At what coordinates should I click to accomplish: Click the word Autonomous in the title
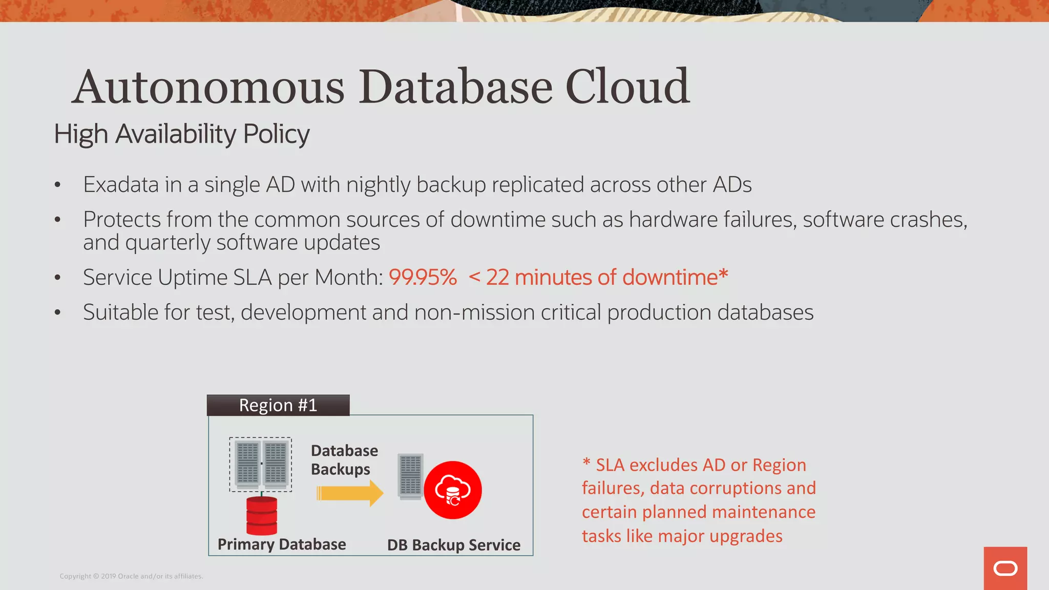pyautogui.click(x=207, y=87)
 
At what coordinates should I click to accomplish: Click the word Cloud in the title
pyautogui.click(x=627, y=87)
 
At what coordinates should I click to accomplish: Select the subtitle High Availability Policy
pyautogui.click(x=182, y=134)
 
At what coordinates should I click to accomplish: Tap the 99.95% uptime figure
pyautogui.click(x=423, y=278)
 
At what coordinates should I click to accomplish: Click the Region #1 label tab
pyautogui.click(x=278, y=405)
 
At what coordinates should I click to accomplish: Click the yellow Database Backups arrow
pyautogui.click(x=350, y=493)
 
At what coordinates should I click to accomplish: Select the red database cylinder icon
pyautogui.click(x=262, y=516)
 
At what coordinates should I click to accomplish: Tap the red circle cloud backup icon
pyautogui.click(x=453, y=490)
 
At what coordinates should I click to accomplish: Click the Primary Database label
pyautogui.click(x=282, y=544)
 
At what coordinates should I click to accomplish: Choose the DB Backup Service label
pyautogui.click(x=454, y=545)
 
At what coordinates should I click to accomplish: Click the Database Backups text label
pyautogui.click(x=344, y=460)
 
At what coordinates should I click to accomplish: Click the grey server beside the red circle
pyautogui.click(x=411, y=477)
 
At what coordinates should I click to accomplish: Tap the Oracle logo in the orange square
pyautogui.click(x=1005, y=568)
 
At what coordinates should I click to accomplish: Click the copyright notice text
pyautogui.click(x=131, y=576)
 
